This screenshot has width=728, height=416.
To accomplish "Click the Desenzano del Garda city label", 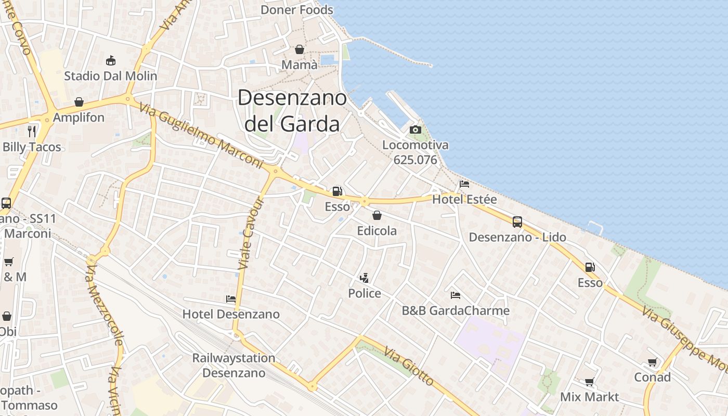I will (292, 111).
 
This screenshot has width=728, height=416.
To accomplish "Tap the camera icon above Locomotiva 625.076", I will (415, 129).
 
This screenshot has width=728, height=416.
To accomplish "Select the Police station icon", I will (365, 278).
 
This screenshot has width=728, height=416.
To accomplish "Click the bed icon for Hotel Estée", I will (464, 184).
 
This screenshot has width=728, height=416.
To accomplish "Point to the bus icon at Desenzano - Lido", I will (517, 222).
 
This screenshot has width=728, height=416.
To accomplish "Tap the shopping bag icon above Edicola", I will (377, 215).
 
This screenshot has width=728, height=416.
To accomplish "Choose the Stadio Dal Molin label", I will (110, 76).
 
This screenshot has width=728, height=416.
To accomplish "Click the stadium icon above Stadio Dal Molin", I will (110, 61).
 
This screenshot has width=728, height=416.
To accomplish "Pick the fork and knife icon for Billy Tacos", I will (32, 131).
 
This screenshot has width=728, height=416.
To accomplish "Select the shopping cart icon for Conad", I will (652, 362).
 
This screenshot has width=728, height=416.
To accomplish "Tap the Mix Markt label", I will (590, 397).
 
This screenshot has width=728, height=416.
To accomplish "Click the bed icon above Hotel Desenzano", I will (231, 299).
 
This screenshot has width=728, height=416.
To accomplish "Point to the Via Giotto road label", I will (410, 367).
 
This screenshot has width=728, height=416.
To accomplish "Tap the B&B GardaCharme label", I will (456, 311).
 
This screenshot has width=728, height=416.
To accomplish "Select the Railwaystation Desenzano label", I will (233, 366).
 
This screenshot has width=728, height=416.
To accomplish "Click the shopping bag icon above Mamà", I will (300, 49).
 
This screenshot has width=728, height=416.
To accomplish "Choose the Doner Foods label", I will (297, 10).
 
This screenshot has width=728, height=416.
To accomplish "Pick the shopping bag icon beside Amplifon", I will (79, 102).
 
